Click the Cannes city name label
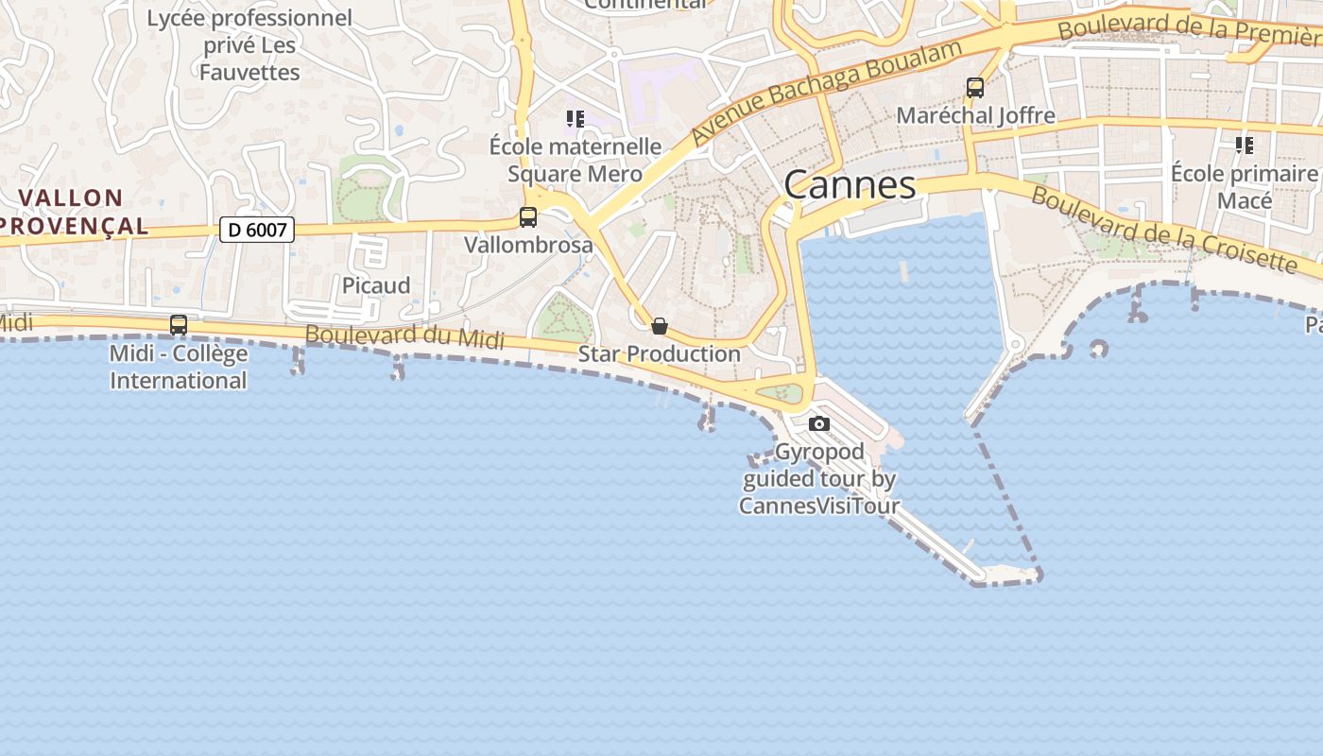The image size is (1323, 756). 850,185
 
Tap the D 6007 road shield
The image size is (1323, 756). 257,229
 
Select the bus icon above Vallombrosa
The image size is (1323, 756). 528,217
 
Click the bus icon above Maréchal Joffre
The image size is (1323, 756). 975,88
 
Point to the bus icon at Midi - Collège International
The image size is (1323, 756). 179,325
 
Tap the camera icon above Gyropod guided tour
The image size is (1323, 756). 819,424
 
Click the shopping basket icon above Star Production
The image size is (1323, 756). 660,327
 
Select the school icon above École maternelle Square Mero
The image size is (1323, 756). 576,119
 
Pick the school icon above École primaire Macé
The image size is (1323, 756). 1245,146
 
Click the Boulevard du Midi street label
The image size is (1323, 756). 404,336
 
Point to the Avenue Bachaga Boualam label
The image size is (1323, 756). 827,92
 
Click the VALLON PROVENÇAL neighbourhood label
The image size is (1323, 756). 72,212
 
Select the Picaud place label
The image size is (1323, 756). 376,285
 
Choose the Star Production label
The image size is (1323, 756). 660,354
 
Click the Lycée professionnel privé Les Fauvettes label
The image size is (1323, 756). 249,44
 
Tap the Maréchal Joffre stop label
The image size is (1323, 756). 975,116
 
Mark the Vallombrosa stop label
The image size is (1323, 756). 528,245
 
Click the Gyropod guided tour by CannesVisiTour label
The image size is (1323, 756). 818,478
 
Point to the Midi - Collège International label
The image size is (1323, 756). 179,367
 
